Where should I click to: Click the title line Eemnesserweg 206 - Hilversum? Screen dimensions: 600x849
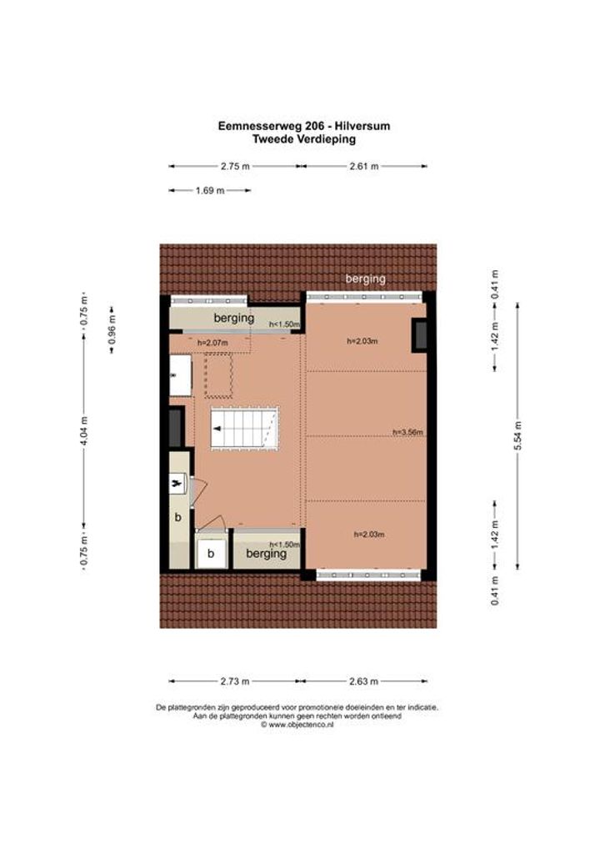(x=303, y=126)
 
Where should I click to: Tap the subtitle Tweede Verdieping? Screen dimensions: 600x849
(x=304, y=139)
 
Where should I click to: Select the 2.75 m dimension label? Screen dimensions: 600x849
(x=235, y=166)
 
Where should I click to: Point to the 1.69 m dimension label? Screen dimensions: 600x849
(x=210, y=191)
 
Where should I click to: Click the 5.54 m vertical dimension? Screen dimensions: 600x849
(x=517, y=436)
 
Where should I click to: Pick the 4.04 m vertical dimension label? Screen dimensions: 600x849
(x=83, y=430)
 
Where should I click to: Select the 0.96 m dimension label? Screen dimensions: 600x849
(x=112, y=330)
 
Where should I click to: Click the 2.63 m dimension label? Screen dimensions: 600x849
(x=363, y=681)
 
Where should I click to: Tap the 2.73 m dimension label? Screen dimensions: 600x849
(x=235, y=681)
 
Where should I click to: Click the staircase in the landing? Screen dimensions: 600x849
(x=244, y=428)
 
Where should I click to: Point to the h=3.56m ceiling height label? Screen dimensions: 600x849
(x=407, y=432)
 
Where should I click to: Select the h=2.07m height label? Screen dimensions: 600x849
(x=212, y=343)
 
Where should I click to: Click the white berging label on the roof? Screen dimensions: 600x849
(x=366, y=279)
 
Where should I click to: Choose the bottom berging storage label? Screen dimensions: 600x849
(x=266, y=554)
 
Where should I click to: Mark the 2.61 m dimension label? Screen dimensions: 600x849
(x=364, y=166)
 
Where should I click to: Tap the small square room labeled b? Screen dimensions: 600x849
(x=211, y=553)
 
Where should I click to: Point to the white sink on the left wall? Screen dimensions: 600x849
(x=181, y=375)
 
